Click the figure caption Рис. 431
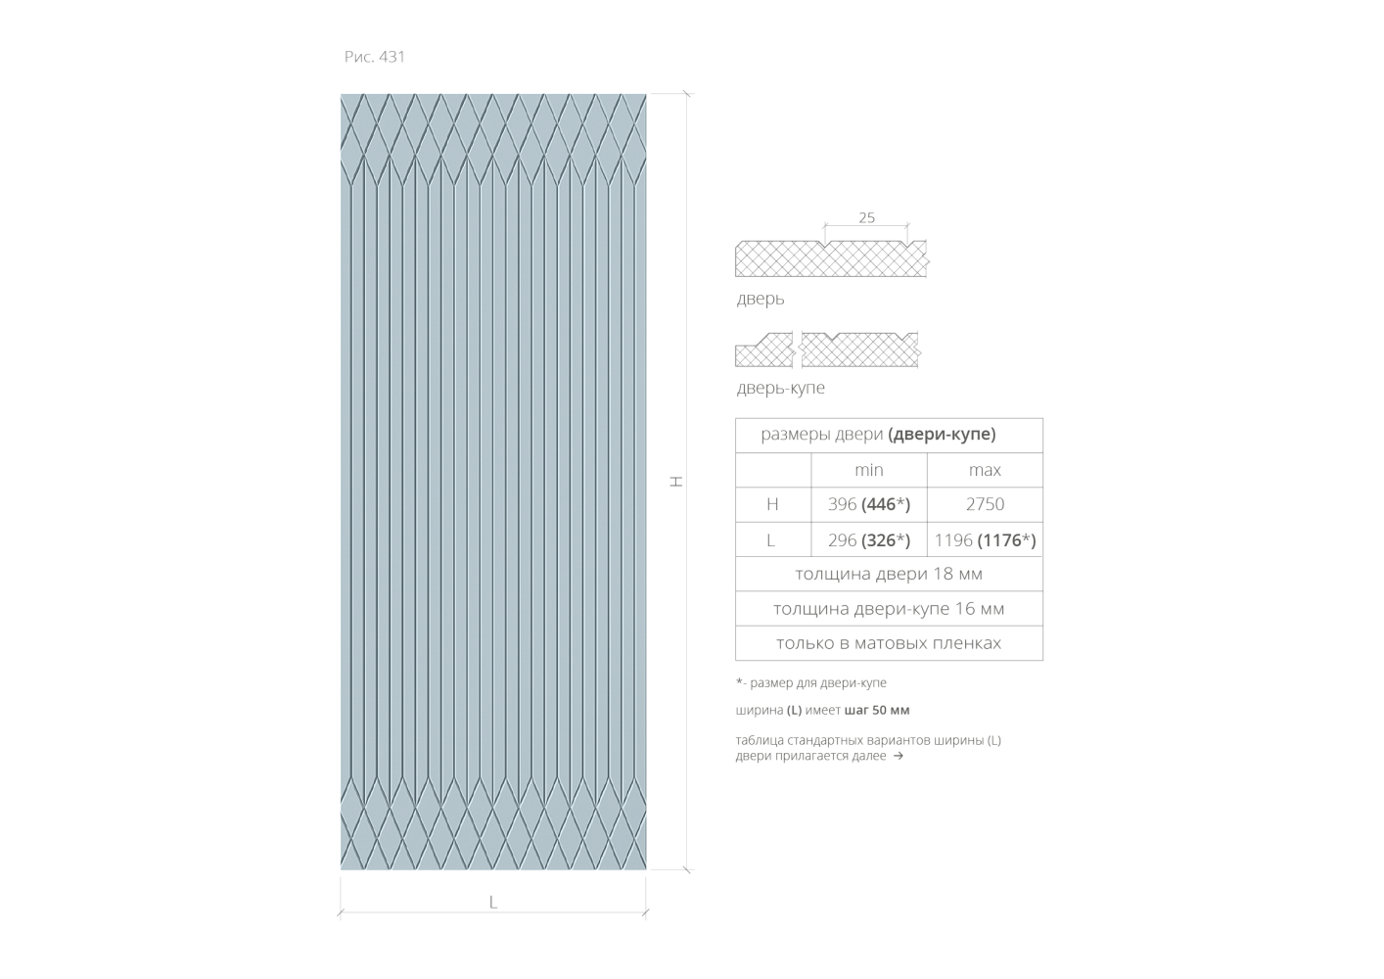point(374,57)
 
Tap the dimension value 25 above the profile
point(866,218)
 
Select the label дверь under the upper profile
point(761,300)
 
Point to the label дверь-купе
point(781,389)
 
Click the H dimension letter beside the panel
point(675,482)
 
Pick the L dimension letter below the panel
point(493,903)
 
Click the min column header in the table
point(868,471)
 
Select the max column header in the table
point(985,471)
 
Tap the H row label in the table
point(772,505)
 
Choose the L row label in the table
point(771,540)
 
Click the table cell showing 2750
point(985,505)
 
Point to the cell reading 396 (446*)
point(868,505)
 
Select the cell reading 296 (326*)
point(868,540)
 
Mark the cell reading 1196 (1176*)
point(985,540)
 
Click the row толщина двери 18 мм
point(889,575)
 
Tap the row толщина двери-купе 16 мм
point(889,609)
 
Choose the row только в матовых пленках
point(889,643)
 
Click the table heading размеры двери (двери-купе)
point(878,435)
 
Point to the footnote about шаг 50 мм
point(822,710)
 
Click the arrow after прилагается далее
point(898,756)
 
